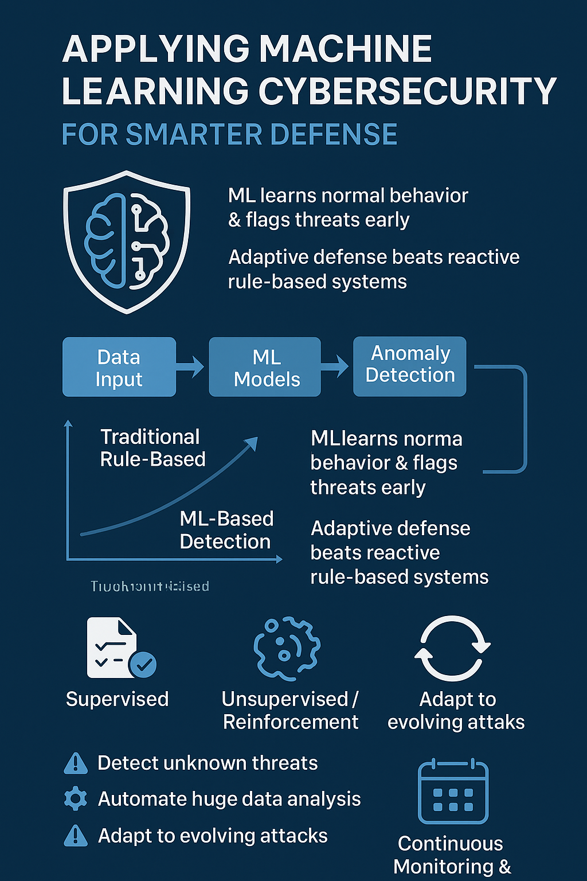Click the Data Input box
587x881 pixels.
(x=119, y=367)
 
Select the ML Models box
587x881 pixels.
(x=265, y=367)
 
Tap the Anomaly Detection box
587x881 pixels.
(x=409, y=366)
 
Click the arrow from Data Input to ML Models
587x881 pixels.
(x=191, y=367)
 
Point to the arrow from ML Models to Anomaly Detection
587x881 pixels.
(x=336, y=366)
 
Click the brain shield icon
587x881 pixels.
(x=126, y=241)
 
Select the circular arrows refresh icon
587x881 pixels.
(x=452, y=648)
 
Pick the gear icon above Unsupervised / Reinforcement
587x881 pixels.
(x=287, y=648)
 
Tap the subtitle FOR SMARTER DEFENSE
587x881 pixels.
(x=229, y=135)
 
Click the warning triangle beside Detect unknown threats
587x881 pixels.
(x=76, y=763)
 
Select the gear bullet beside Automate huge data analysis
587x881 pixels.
(x=76, y=799)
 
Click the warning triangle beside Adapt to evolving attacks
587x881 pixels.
(x=76, y=836)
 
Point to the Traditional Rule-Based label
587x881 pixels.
(x=152, y=448)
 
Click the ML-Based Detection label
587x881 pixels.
(x=226, y=530)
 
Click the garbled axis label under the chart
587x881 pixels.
(x=150, y=586)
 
